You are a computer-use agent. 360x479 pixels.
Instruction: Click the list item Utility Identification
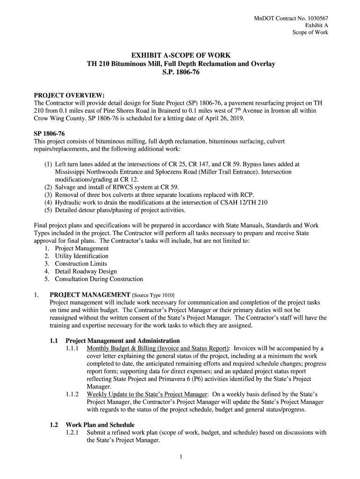click(81, 256)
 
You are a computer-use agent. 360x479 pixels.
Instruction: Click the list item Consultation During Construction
click(99, 279)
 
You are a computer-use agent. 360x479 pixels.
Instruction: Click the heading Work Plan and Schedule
click(100, 425)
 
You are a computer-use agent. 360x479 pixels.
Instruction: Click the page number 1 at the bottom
click(180, 457)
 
